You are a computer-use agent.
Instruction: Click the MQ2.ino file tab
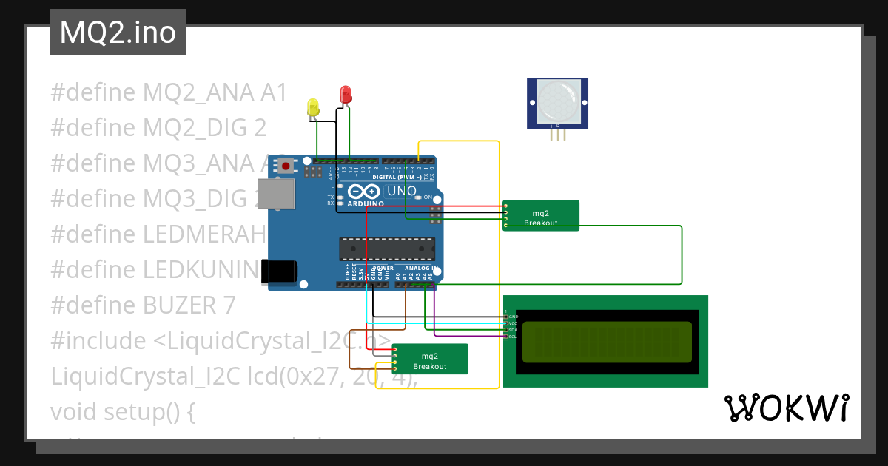click(x=118, y=33)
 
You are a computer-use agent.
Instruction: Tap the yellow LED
click(x=313, y=107)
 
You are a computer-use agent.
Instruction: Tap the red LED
click(x=346, y=94)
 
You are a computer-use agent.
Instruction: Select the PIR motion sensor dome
click(x=557, y=101)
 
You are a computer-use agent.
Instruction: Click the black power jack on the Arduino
click(x=280, y=271)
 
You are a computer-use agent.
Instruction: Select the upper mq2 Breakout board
click(x=540, y=215)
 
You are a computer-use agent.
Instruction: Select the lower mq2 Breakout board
click(x=430, y=359)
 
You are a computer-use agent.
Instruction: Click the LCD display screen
click(x=607, y=342)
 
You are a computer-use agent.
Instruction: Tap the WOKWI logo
click(x=785, y=408)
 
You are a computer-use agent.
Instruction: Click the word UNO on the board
click(x=402, y=191)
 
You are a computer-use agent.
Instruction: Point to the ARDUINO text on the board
click(x=366, y=202)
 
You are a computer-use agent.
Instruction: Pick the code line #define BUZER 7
click(x=143, y=305)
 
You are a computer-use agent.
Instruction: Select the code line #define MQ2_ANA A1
click(x=169, y=92)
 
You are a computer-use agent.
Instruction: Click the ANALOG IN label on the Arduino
click(x=421, y=268)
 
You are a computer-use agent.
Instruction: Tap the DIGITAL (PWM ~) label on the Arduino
click(x=398, y=178)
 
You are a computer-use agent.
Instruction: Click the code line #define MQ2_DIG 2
click(x=158, y=127)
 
